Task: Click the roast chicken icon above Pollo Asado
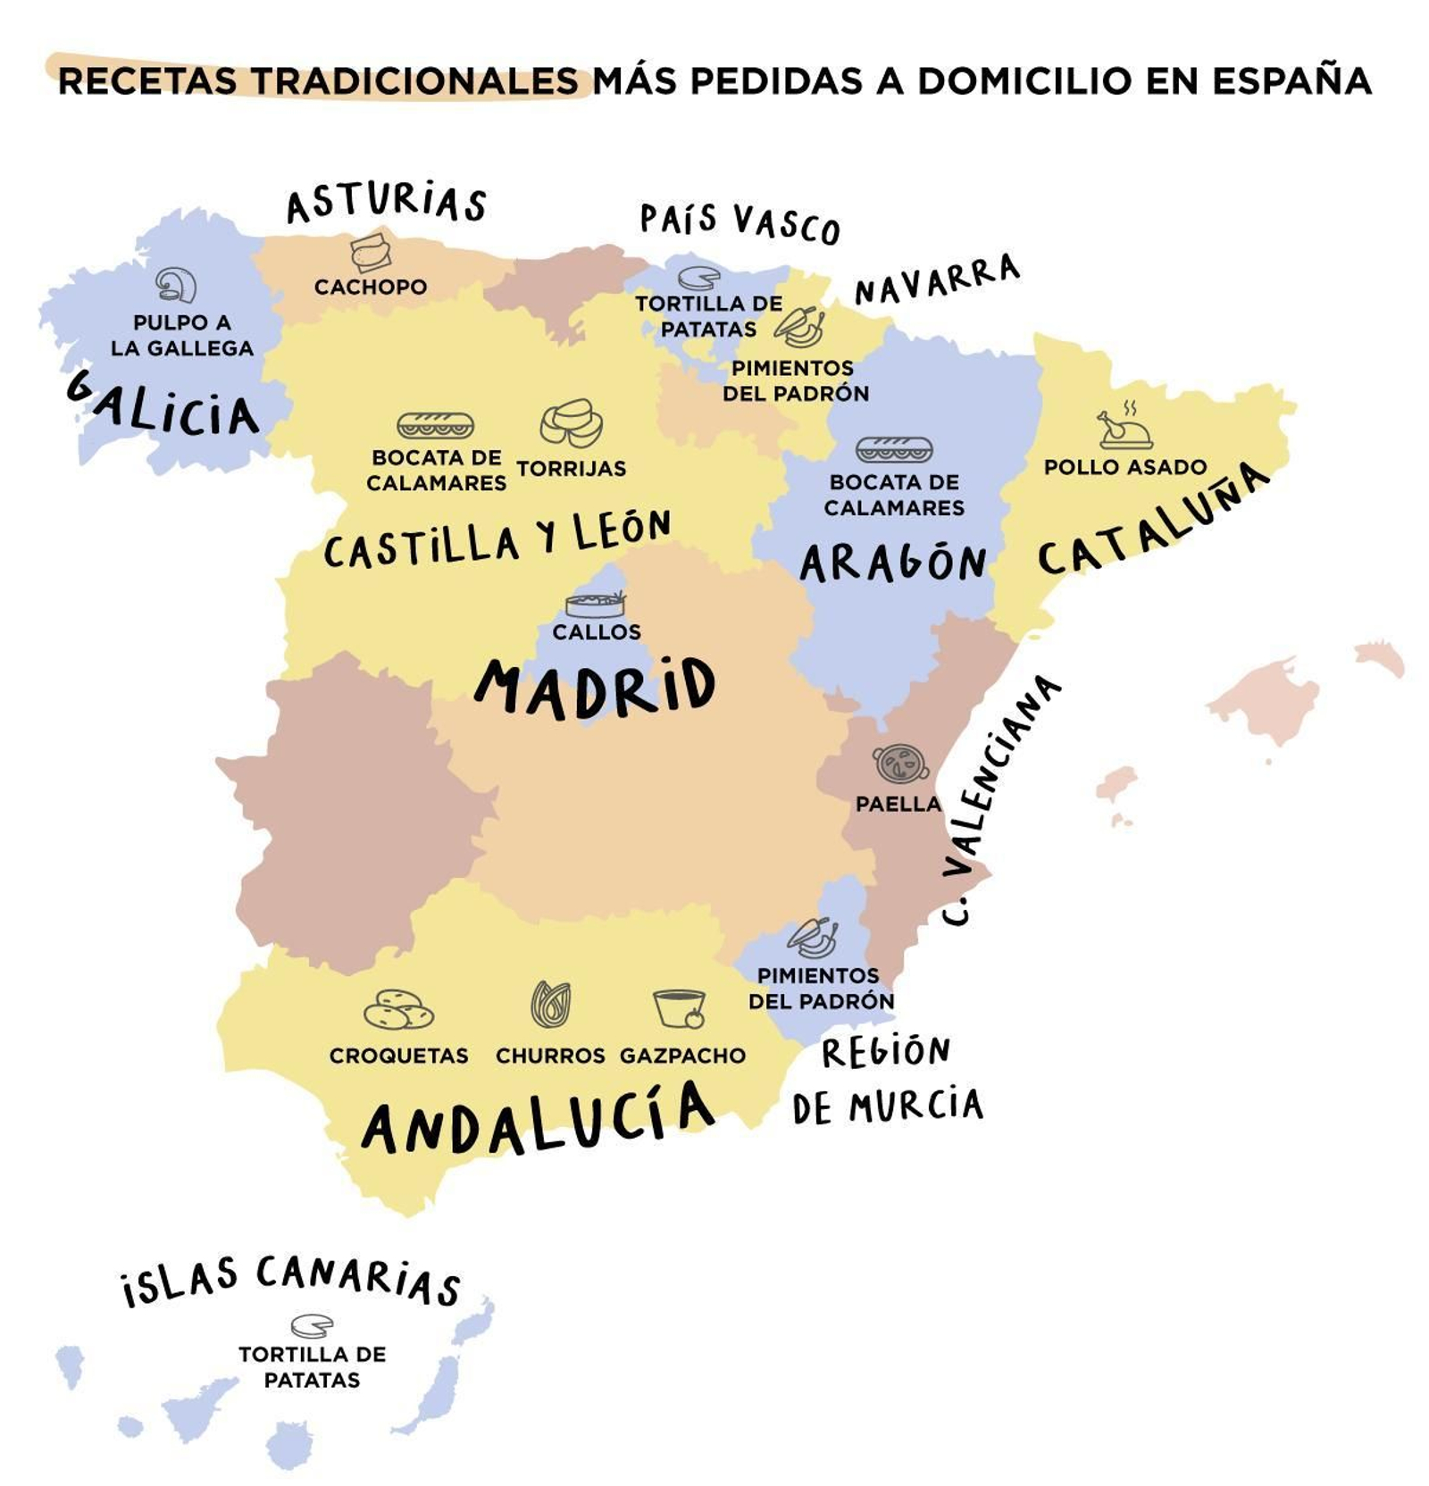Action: [1124, 426]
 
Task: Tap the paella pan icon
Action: [899, 763]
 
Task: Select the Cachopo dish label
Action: [370, 287]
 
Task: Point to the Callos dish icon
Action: [595, 605]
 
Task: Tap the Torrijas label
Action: [571, 468]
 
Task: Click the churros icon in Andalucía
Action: [550, 1004]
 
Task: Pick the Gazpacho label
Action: [682, 1055]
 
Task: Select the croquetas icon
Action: [397, 1010]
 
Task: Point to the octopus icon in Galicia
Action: [176, 285]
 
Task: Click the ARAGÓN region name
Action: [892, 563]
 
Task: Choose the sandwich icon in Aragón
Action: [893, 449]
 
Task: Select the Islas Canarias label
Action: [291, 1279]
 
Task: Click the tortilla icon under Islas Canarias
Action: [312, 1325]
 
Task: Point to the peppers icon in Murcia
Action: [813, 938]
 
